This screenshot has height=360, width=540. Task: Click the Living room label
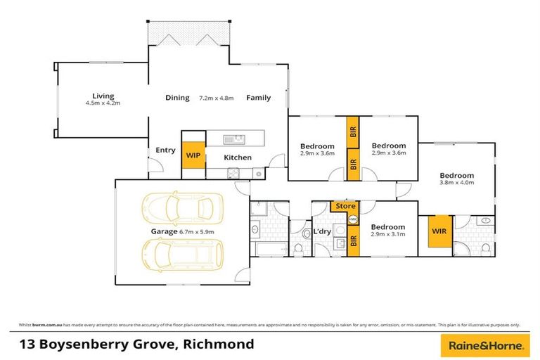(x=103, y=96)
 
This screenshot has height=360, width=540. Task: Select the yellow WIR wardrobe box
(x=439, y=231)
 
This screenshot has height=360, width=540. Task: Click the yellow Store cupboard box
(x=345, y=206)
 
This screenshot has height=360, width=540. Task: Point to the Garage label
(x=162, y=231)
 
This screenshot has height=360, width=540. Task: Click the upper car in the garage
(x=183, y=209)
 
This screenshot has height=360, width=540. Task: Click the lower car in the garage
(x=183, y=255)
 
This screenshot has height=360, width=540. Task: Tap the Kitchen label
(x=238, y=157)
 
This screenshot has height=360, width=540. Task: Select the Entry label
(x=165, y=150)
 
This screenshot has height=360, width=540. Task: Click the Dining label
(x=177, y=98)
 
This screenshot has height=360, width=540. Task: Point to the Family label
(x=258, y=98)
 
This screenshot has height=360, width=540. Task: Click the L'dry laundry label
(x=322, y=231)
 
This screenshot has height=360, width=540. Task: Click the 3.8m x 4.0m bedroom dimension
(x=457, y=183)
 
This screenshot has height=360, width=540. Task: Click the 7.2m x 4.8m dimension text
(x=217, y=98)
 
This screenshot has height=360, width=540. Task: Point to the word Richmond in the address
(x=219, y=345)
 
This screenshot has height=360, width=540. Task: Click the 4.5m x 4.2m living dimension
(x=103, y=103)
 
